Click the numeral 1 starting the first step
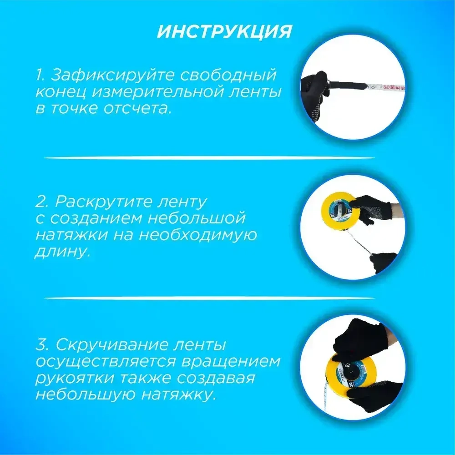[39, 75]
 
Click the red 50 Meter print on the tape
[392, 85]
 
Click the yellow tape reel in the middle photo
[340, 210]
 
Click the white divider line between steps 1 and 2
[209, 158]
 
